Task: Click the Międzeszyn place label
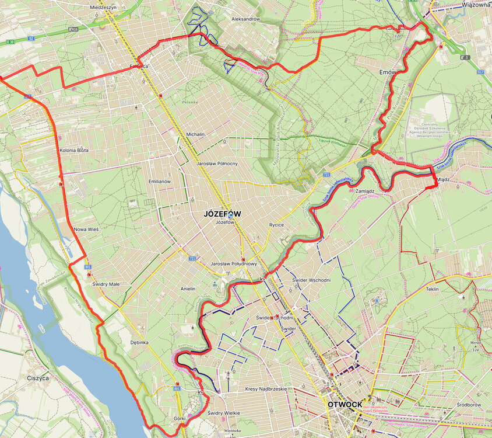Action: tap(104, 8)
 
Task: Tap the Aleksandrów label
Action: tap(245, 19)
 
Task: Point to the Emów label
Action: tap(387, 72)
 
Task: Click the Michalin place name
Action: tap(195, 134)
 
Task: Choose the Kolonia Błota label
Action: tap(74, 150)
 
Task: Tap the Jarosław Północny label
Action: tap(217, 164)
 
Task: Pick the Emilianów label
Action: tap(160, 182)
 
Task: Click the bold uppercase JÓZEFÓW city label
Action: tap(222, 214)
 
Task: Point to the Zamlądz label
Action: tap(364, 191)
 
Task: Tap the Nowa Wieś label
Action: tap(86, 230)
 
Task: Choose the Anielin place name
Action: tap(188, 288)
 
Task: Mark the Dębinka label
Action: tap(139, 343)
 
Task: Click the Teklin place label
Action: tap(432, 289)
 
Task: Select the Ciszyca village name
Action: tap(38, 378)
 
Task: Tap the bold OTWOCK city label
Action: tap(345, 404)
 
